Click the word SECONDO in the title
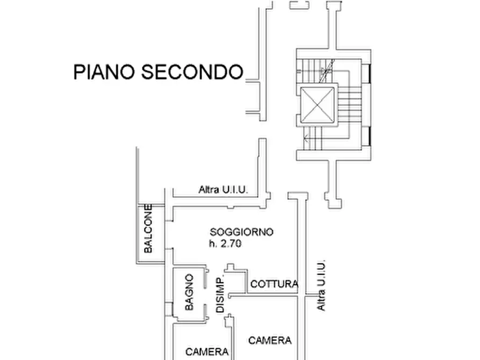point(192,71)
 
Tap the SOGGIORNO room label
point(242,232)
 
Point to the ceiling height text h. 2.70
point(226,244)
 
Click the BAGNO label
point(189,292)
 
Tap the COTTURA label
point(274,284)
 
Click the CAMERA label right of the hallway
point(270,340)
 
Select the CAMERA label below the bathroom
point(207,352)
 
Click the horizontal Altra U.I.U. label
point(223,189)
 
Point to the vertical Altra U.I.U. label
point(321,285)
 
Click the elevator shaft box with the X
point(318,104)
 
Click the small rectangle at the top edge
point(297,5)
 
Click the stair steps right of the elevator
point(349,104)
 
